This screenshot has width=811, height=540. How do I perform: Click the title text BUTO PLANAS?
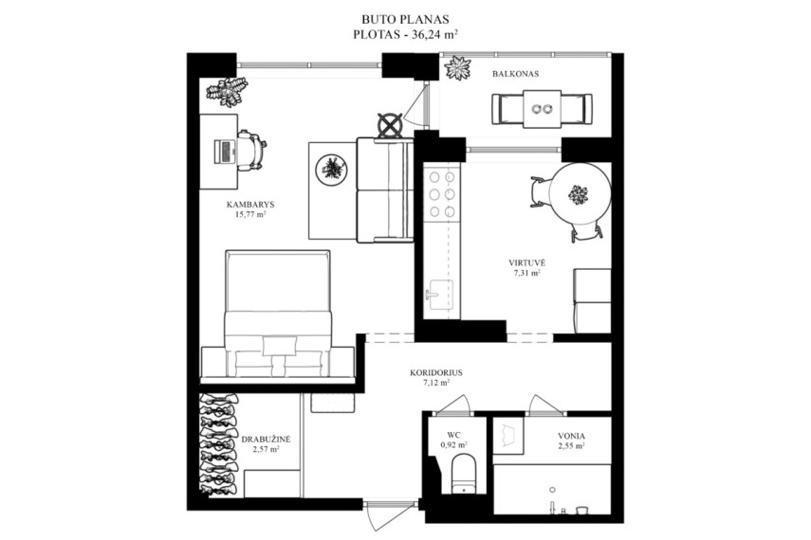click(405, 20)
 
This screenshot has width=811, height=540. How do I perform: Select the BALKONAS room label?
click(515, 74)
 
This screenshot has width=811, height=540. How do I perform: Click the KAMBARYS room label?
click(250, 204)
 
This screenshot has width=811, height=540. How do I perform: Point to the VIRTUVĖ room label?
click(526, 262)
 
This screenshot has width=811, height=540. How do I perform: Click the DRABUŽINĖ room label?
click(266, 440)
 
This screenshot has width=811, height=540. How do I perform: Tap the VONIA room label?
click(572, 436)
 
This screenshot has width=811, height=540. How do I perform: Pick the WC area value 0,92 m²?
click(454, 444)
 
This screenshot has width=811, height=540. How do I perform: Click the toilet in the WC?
click(463, 474)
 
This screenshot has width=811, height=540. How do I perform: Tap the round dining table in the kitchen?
click(581, 194)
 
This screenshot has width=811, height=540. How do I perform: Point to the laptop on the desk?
click(225, 151)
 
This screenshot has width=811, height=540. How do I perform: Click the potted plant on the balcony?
click(458, 68)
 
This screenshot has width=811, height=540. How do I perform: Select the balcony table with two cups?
click(542, 109)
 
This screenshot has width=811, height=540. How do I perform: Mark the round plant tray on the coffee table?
click(330, 168)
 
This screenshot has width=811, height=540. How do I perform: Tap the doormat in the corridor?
click(333, 403)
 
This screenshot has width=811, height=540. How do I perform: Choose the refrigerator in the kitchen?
click(592, 300)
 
